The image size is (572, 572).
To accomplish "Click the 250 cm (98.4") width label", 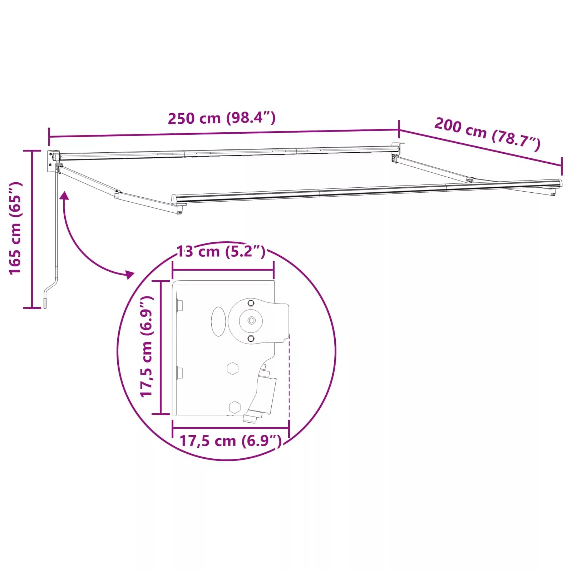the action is click(222, 118).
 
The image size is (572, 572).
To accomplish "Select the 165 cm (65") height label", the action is click(16, 228).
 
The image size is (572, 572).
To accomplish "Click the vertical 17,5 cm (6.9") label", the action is click(147, 346).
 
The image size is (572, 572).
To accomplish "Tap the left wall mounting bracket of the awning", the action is click(53, 161).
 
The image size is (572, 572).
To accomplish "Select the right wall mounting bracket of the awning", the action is click(396, 152).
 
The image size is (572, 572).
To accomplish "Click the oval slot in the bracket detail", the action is click(218, 321).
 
